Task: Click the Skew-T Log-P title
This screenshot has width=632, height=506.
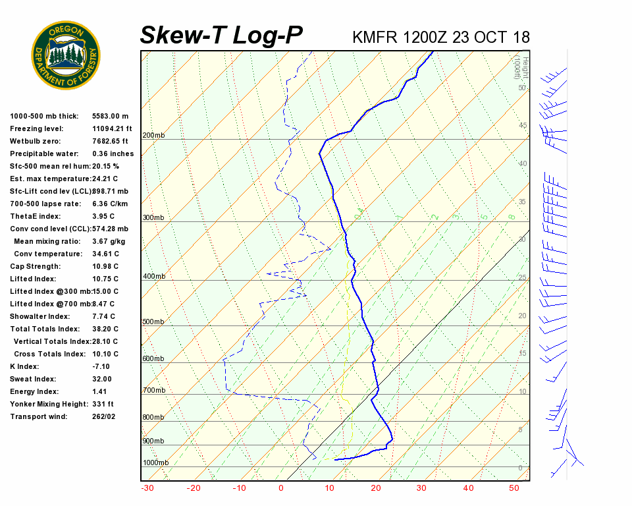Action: click(x=221, y=35)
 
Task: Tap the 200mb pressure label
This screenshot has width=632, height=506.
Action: click(x=153, y=136)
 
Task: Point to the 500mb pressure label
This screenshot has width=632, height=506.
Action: click(x=153, y=322)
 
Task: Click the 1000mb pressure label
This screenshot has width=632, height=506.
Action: click(x=155, y=463)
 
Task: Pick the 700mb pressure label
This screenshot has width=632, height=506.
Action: click(x=153, y=391)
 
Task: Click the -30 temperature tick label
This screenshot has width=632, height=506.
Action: click(x=147, y=488)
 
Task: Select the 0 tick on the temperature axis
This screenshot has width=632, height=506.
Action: click(x=281, y=488)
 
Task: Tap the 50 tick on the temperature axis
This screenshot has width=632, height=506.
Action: click(x=514, y=488)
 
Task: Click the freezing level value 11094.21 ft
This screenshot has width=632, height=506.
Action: click(x=112, y=128)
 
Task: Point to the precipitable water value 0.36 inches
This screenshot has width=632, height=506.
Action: click(x=113, y=154)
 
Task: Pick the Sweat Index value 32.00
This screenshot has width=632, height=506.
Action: click(x=102, y=379)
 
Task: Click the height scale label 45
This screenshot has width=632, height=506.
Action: click(x=523, y=125)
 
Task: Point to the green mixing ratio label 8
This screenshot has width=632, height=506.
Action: click(x=511, y=216)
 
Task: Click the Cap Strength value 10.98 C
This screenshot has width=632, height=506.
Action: click(x=105, y=266)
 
